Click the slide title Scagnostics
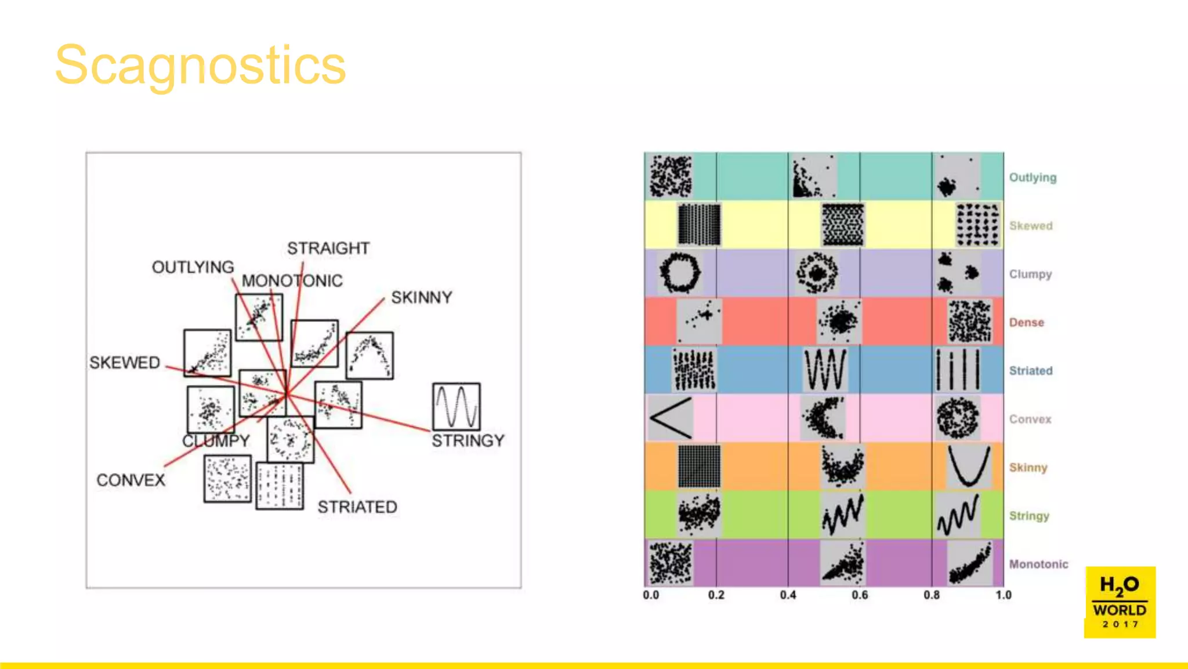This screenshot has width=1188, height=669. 200,65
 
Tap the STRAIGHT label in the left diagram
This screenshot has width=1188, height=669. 328,249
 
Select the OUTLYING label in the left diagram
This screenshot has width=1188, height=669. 193,267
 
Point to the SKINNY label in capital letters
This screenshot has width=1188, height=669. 421,297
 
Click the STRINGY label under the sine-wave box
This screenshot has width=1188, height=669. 468,441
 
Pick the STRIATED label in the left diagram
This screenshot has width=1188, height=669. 357,507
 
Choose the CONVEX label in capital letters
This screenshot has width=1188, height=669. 131,480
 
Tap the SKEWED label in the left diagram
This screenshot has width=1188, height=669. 125,362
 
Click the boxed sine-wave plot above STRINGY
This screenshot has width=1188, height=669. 457,407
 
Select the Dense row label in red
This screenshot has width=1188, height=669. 1026,322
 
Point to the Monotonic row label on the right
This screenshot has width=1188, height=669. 1038,564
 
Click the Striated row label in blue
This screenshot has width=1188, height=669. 1031,371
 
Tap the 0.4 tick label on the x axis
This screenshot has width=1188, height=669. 788,595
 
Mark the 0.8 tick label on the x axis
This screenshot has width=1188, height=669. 932,595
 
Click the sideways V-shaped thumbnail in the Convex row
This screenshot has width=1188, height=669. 670,418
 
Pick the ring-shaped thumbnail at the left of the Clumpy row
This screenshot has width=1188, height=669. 680,272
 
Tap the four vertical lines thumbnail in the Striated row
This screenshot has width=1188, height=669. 957,370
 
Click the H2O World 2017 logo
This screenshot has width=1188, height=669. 1120,602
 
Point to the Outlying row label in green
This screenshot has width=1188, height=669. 1033,177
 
